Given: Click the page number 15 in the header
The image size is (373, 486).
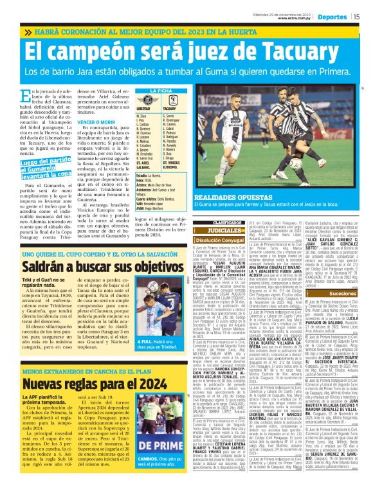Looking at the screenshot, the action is [356, 16].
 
